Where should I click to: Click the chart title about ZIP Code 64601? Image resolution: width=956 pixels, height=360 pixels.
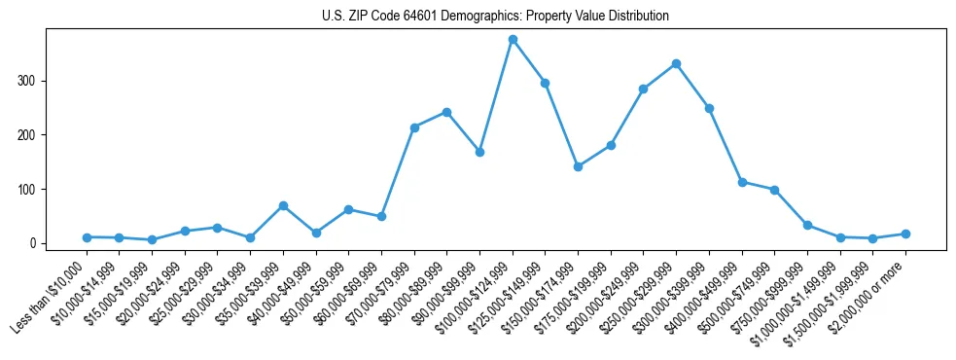pos(495,17)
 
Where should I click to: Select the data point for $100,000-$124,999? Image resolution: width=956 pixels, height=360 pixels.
pos(513,40)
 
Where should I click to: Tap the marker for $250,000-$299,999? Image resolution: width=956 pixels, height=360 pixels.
pos(676,63)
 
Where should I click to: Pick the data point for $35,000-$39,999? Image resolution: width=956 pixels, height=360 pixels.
pos(283,205)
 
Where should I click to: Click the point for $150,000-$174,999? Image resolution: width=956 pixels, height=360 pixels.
pos(578,166)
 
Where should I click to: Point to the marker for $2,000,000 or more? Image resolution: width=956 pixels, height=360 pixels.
pos(905,234)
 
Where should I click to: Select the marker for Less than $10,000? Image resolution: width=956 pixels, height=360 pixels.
pos(87,236)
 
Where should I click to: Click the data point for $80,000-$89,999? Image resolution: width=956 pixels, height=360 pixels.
pos(446,112)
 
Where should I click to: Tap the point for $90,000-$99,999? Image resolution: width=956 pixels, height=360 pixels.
pos(479,152)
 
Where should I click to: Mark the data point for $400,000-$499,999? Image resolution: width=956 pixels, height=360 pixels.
pos(742,182)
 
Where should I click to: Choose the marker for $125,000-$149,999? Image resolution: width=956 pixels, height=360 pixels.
pos(545,83)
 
